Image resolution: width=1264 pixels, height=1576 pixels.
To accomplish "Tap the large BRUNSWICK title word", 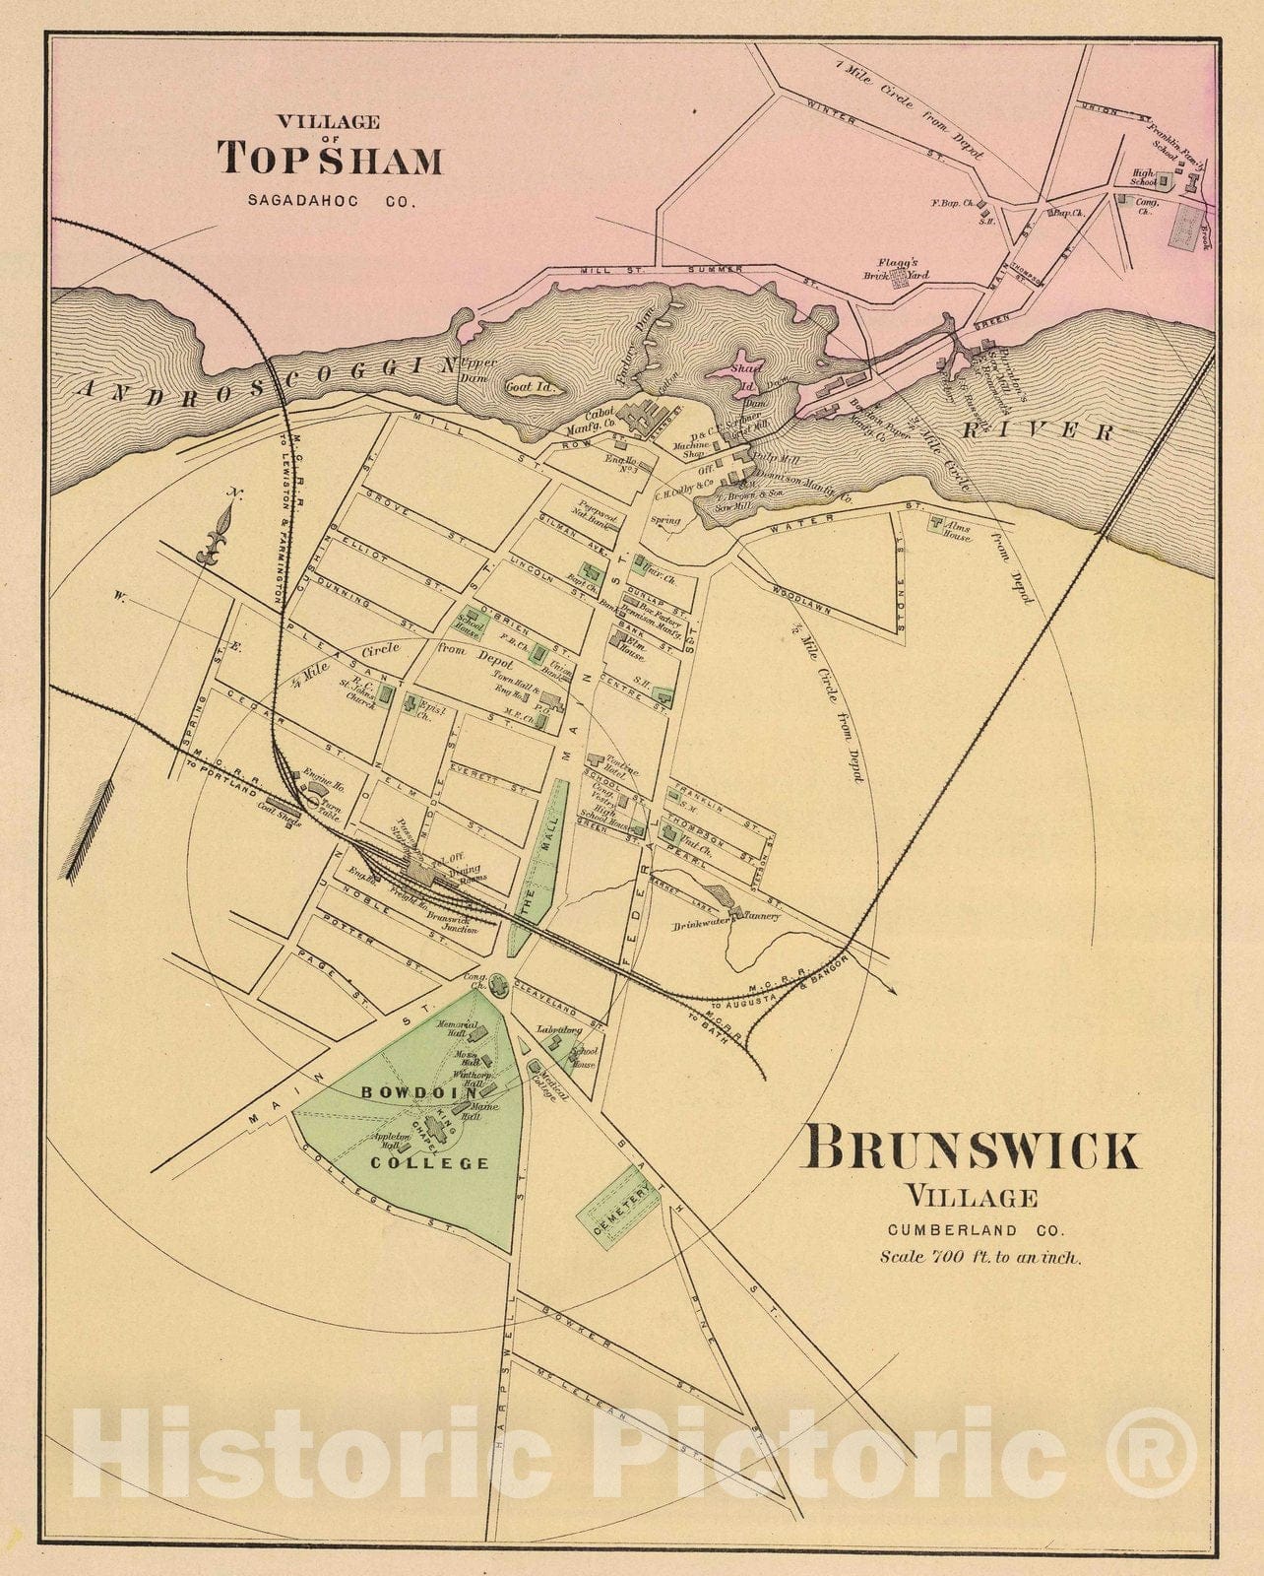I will (x=973, y=1149).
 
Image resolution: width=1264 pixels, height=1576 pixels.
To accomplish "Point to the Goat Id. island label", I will (x=532, y=387).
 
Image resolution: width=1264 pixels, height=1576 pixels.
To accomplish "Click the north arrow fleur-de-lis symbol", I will (x=217, y=537).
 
